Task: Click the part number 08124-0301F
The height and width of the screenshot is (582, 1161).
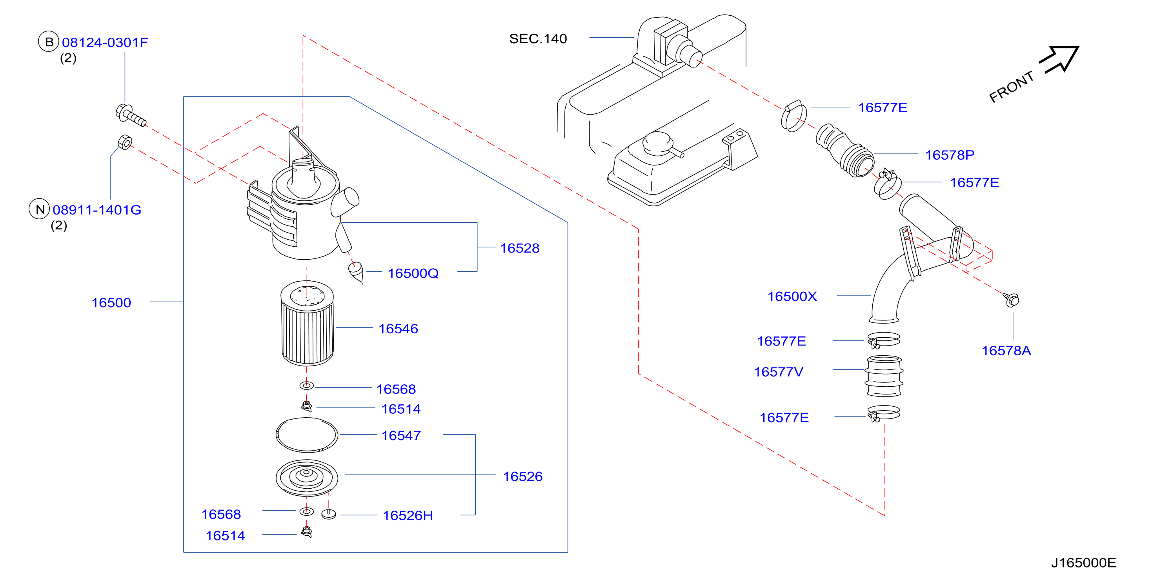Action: point(105,42)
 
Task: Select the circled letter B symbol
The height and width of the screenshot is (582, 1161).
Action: point(49,42)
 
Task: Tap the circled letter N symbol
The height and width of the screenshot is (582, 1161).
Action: point(40,209)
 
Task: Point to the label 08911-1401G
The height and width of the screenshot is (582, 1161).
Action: point(97,210)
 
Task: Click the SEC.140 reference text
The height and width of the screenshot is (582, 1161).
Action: point(538,39)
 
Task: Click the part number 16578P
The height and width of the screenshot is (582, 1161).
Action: point(950,155)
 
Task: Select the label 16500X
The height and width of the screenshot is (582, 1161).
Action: point(792,296)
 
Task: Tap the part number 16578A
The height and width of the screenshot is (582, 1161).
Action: point(1006,351)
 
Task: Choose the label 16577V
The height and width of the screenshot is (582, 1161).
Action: point(778,372)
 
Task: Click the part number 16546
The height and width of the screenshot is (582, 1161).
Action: point(399,329)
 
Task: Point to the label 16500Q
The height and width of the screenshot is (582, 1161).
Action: point(413,273)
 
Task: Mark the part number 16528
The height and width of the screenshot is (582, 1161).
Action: point(520,248)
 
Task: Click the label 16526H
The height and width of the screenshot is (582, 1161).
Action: point(408,515)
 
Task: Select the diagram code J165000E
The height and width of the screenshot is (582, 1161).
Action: point(1083,563)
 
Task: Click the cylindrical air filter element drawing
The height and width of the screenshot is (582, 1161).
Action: point(308,323)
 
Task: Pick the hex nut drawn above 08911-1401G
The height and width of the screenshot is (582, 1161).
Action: point(125,142)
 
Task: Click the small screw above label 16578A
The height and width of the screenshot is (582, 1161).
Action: point(1011,299)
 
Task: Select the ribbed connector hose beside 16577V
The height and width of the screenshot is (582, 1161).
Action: point(884,376)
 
